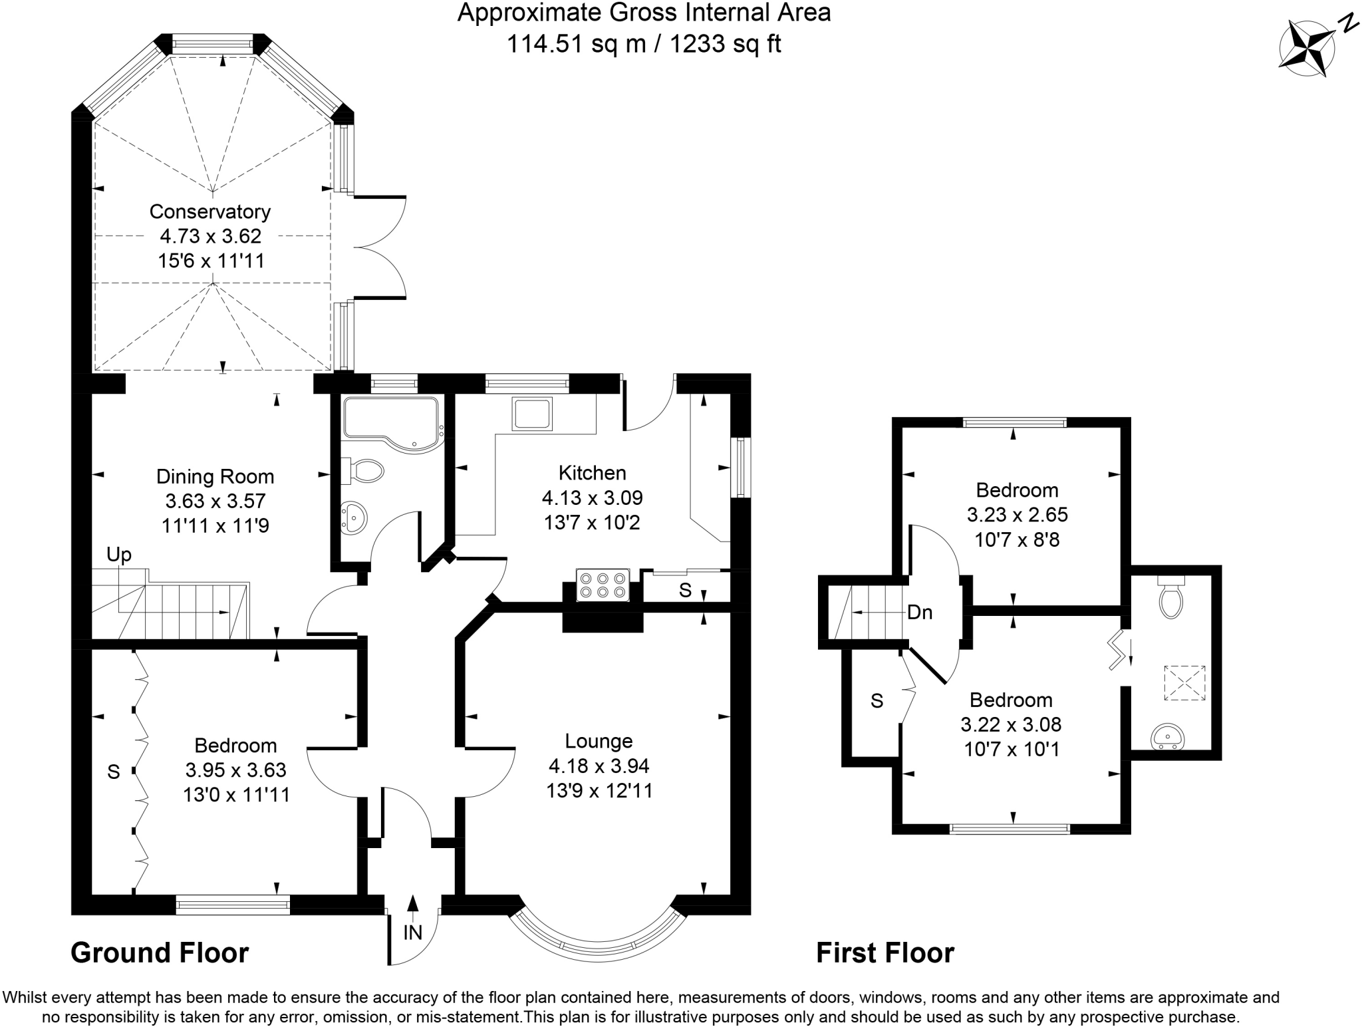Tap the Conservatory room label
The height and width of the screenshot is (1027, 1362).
[x=210, y=212]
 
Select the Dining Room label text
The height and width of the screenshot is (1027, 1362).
[x=215, y=476]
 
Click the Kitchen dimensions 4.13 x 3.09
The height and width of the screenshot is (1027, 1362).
[x=592, y=498]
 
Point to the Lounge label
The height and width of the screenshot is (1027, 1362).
[x=599, y=741]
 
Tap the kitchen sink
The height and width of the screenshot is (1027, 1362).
[x=531, y=413]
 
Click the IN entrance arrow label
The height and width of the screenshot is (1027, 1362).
[x=413, y=933]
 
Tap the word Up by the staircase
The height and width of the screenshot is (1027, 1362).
[x=119, y=555]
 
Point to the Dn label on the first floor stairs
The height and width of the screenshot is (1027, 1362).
[x=920, y=612]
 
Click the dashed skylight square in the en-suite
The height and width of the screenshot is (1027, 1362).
[x=1184, y=682]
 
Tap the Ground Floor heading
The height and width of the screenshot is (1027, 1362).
[x=160, y=953]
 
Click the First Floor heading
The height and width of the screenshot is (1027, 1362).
[x=885, y=953]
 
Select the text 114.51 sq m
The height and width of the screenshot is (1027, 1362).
[x=576, y=44]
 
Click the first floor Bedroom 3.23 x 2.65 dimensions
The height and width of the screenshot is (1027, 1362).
[x=1017, y=515]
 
